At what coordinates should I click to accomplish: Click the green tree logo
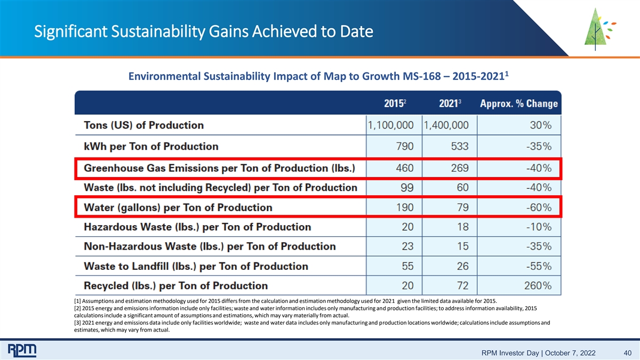coord(599,29)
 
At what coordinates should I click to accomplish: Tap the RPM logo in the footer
coord(22,350)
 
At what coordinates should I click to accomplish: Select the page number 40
coord(627,353)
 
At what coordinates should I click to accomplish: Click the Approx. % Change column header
coord(519,103)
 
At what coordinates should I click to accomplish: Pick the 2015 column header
coord(395,103)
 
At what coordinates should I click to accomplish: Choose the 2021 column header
coord(450,103)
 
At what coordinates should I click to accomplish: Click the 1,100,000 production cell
coord(390,125)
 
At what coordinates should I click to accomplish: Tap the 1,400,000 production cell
coord(446,125)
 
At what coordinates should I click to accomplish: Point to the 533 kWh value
coord(460,146)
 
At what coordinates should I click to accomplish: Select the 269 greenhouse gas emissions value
coord(460,168)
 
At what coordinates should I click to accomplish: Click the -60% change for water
coord(539,207)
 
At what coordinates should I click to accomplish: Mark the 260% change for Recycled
coord(538,286)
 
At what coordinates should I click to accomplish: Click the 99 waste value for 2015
coord(407,187)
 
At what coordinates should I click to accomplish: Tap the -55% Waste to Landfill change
coord(539,266)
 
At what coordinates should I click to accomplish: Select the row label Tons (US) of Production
coord(143,125)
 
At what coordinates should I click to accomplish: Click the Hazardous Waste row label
coord(197,227)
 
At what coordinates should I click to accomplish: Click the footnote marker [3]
coord(77,323)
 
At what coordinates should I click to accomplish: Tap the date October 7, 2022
coord(570,353)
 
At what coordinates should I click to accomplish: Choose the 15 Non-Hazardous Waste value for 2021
coord(462,246)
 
